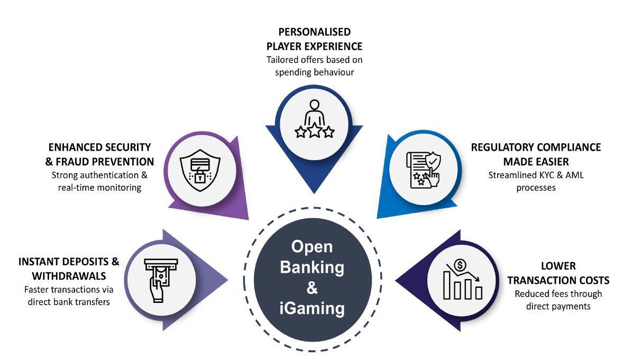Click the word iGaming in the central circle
click(x=312, y=308)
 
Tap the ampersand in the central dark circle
click(x=312, y=288)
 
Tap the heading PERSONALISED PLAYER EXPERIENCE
click(x=314, y=39)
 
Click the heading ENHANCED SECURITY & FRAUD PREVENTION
click(x=100, y=154)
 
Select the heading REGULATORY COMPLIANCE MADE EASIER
click(x=536, y=154)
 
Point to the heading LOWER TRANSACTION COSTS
click(x=558, y=273)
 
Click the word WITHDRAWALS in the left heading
click(x=69, y=276)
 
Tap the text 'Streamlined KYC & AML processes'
click(x=536, y=181)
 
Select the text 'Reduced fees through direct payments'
click(x=558, y=300)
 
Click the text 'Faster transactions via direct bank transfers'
click(x=69, y=296)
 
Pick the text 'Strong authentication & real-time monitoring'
click(x=100, y=181)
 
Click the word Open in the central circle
click(x=312, y=247)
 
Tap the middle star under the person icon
click(x=315, y=131)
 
